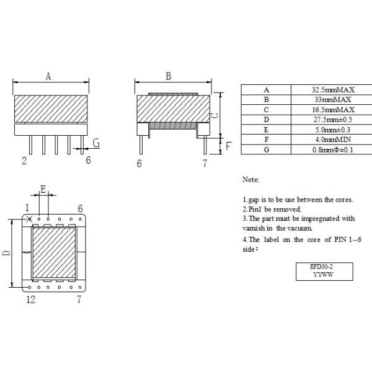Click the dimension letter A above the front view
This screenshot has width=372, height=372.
[48, 76]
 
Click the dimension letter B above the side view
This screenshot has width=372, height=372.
[168, 77]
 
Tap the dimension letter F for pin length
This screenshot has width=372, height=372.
[228, 147]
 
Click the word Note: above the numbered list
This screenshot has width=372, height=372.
[250, 179]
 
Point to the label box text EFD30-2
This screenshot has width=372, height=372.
[322, 266]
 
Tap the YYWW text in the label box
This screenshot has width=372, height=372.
[322, 273]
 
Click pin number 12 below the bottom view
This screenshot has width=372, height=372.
[29, 300]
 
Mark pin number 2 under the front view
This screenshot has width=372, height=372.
[24, 161]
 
